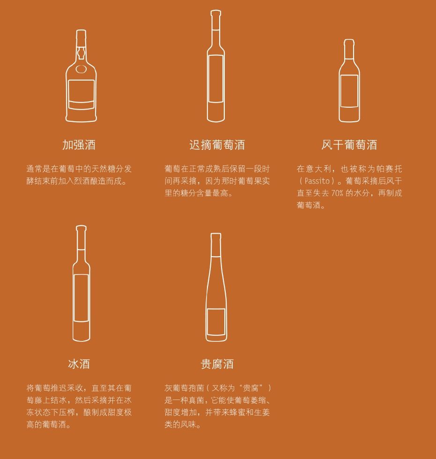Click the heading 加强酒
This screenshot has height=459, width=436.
[x=79, y=145]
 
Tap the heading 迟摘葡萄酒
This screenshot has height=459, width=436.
[x=217, y=145]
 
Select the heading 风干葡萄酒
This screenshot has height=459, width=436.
[x=349, y=145]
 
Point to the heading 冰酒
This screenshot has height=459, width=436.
[x=79, y=364]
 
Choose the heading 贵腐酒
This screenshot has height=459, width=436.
[x=217, y=364]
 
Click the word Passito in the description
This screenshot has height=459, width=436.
[x=317, y=181]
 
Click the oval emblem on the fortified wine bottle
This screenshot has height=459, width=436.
[x=81, y=69]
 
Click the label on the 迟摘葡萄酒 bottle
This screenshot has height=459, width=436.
[x=216, y=79]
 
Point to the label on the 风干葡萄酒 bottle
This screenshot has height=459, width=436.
[x=349, y=91]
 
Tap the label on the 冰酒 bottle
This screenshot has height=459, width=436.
[x=81, y=298]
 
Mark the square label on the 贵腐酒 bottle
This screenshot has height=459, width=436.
[x=216, y=322]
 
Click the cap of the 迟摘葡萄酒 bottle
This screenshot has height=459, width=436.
[x=216, y=20]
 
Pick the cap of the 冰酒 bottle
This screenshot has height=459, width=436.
[x=81, y=237]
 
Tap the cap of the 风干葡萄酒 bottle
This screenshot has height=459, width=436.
[x=349, y=49]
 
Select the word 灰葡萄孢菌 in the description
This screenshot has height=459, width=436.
[x=184, y=388]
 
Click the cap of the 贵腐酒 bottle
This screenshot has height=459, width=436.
[x=216, y=244]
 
